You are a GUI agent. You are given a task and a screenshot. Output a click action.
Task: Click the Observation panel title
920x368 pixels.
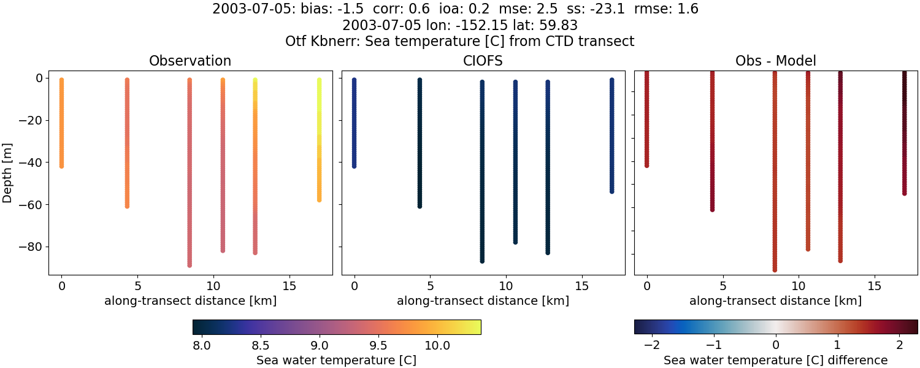190,61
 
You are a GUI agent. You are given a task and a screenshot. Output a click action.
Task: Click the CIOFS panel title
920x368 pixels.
483,61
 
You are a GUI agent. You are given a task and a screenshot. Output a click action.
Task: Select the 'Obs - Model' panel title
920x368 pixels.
775,61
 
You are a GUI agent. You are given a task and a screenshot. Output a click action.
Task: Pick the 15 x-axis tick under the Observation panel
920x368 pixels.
289,286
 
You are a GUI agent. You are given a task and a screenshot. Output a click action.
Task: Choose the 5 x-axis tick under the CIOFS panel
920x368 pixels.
431,286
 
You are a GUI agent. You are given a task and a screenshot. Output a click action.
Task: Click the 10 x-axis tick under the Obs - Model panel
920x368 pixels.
799,286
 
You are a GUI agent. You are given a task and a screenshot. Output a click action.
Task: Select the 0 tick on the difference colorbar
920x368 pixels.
776,346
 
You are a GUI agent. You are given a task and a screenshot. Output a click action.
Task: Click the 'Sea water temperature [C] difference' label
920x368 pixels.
775,360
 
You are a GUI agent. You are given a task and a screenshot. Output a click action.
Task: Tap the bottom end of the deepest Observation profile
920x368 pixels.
190,265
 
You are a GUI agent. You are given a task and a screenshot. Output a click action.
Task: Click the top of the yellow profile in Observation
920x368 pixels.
319,80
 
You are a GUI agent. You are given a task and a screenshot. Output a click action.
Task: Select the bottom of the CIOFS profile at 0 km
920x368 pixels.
354,166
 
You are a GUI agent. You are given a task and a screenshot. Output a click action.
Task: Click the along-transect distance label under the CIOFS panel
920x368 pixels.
483,301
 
